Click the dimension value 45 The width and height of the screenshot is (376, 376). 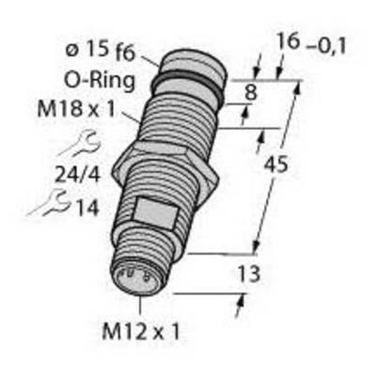pos(275,165)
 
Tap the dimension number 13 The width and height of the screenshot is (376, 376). pos(249,274)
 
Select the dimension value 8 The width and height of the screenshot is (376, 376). pos(251,93)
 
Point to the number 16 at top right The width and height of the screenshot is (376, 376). pos(289,42)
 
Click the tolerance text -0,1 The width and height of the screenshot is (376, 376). pos(326,47)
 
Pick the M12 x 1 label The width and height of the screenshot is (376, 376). pos(141,332)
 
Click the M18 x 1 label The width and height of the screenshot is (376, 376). pos(76,110)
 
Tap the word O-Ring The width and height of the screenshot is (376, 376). pos(100,81)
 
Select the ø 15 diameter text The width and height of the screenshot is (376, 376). pos(87,50)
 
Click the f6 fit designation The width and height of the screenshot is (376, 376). pos(125,54)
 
